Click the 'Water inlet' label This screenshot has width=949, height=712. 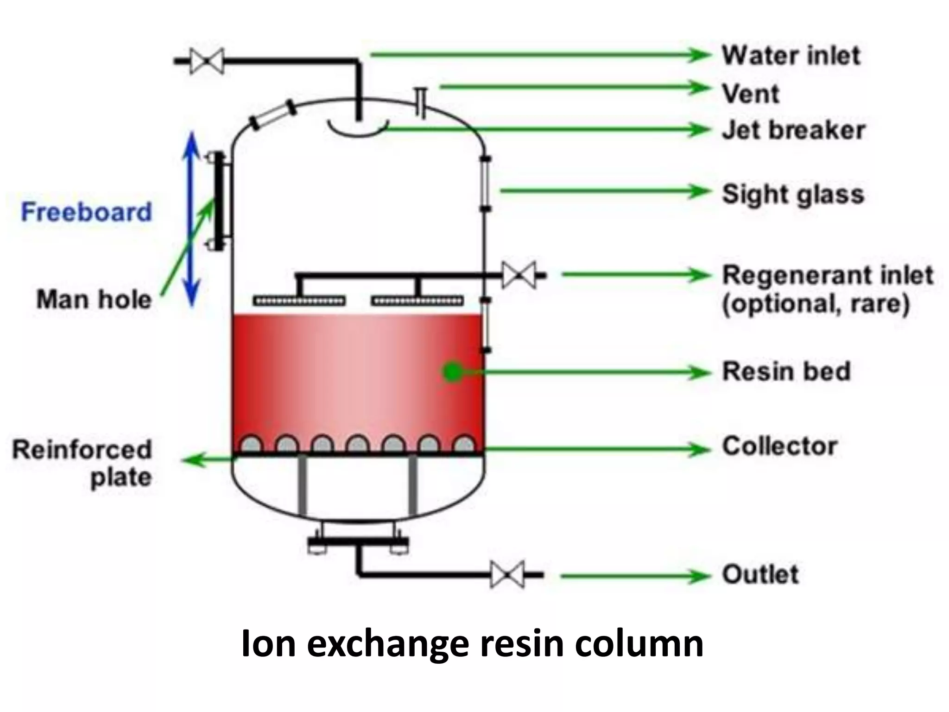click(791, 56)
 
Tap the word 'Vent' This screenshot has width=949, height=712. click(751, 94)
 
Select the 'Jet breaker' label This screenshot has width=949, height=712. click(793, 130)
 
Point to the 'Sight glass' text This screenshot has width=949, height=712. click(793, 194)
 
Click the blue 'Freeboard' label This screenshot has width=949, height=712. click(87, 212)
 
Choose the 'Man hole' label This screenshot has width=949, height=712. click(94, 299)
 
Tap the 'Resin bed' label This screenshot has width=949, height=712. click(786, 371)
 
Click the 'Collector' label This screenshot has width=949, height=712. click(780, 446)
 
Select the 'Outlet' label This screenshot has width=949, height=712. click(760, 575)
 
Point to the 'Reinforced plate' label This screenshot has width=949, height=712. click(82, 463)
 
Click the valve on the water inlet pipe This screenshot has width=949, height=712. click(207, 61)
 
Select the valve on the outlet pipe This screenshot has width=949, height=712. click(507, 575)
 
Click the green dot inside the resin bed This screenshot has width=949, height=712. click(452, 372)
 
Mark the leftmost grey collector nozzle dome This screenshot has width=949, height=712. click(252, 444)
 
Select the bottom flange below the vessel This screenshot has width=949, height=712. click(358, 541)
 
